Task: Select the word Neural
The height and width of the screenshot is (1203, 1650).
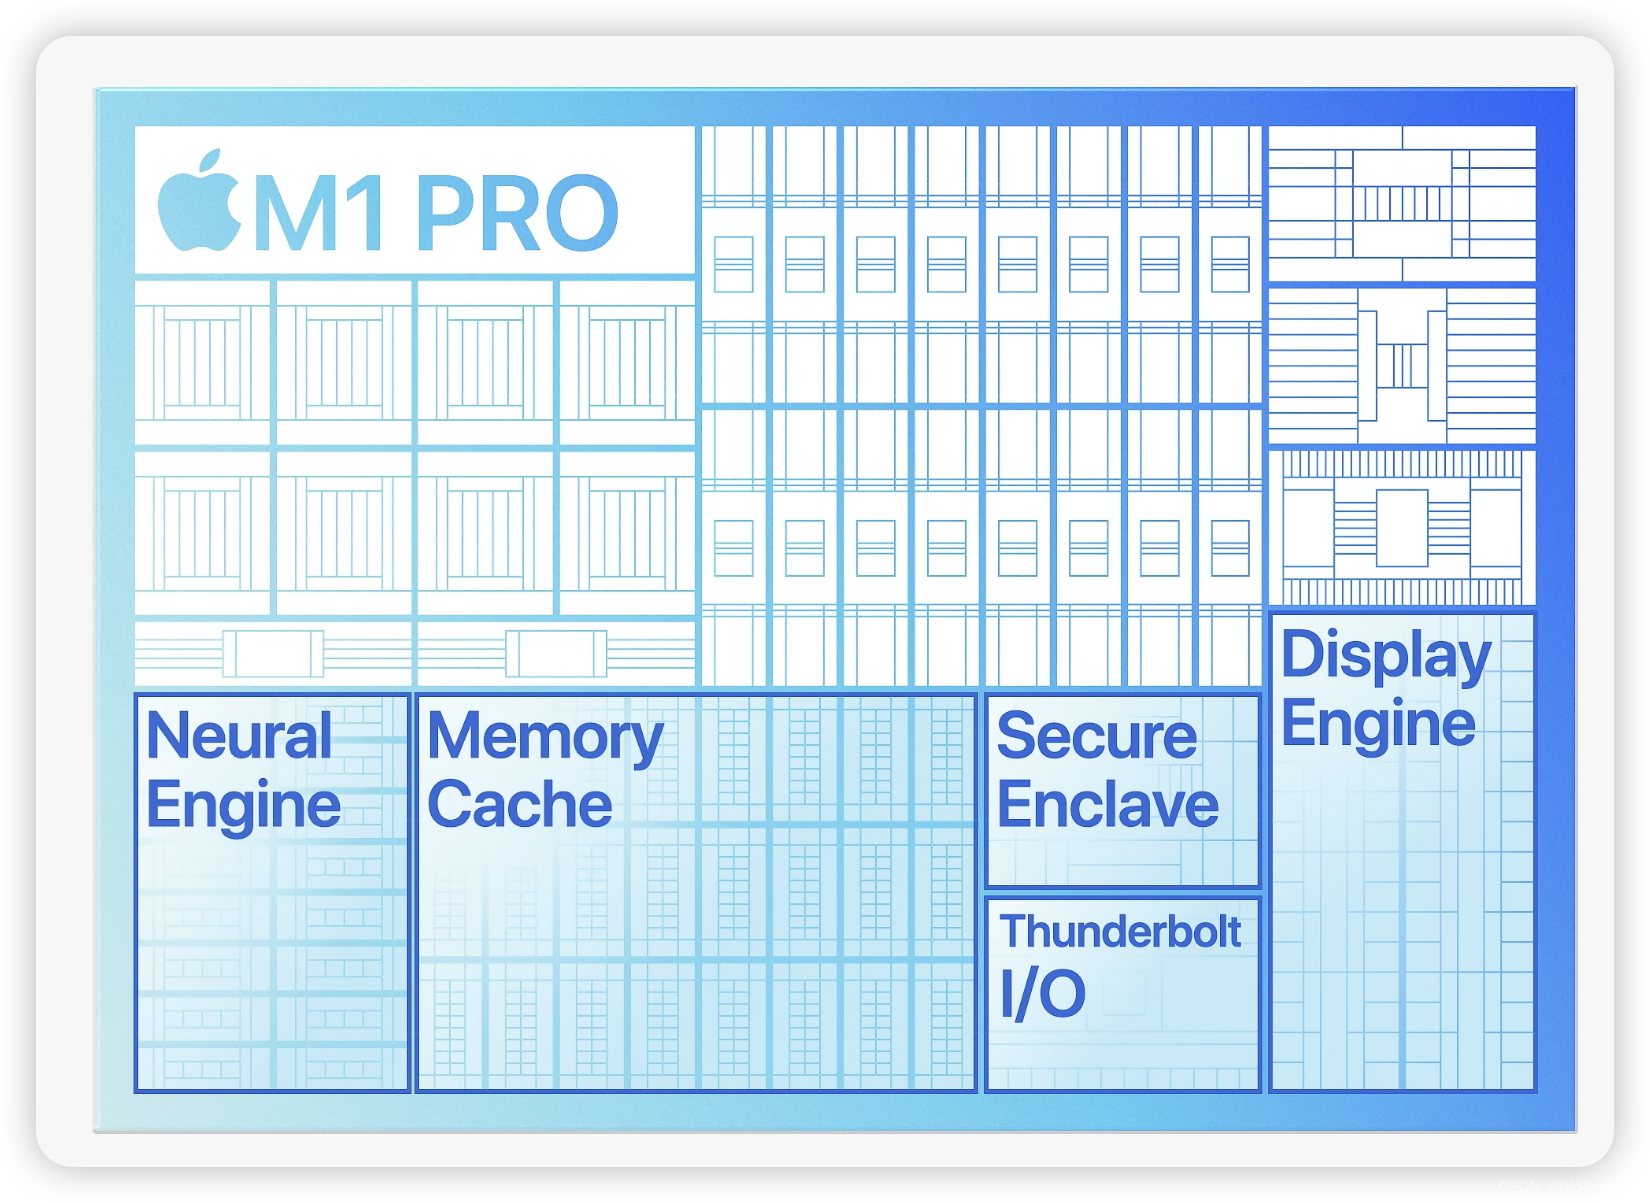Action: tap(239, 736)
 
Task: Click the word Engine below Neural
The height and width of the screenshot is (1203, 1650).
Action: tap(243, 806)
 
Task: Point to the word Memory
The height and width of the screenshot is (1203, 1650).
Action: tap(545, 738)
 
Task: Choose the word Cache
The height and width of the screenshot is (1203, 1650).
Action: tap(520, 805)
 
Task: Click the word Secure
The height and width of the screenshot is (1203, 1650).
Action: tap(1096, 736)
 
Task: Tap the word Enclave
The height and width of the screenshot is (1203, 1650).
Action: tap(1108, 805)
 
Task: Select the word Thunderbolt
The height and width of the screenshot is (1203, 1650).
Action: tap(1121, 932)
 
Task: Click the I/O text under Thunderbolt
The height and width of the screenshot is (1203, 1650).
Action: tap(1042, 994)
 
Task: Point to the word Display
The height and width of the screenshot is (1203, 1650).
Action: tap(1385, 655)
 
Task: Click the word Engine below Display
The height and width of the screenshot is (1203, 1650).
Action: tap(1378, 724)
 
